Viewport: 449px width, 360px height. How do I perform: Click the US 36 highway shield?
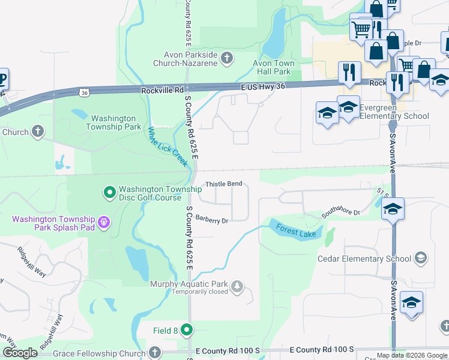point(85,91)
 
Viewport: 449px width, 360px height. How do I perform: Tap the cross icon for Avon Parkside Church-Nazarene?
point(226,58)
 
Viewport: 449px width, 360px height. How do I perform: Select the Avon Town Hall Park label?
point(273,67)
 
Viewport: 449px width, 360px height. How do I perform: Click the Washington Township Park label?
point(113,122)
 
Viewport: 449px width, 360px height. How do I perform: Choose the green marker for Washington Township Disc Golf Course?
point(109,193)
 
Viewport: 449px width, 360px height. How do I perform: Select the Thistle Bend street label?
point(223,184)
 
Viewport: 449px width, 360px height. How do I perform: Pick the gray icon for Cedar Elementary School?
point(421,259)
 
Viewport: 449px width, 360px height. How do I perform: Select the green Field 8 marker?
point(187,329)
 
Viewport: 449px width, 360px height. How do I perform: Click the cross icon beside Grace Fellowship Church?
point(155,352)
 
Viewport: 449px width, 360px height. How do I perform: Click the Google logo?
point(20,353)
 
